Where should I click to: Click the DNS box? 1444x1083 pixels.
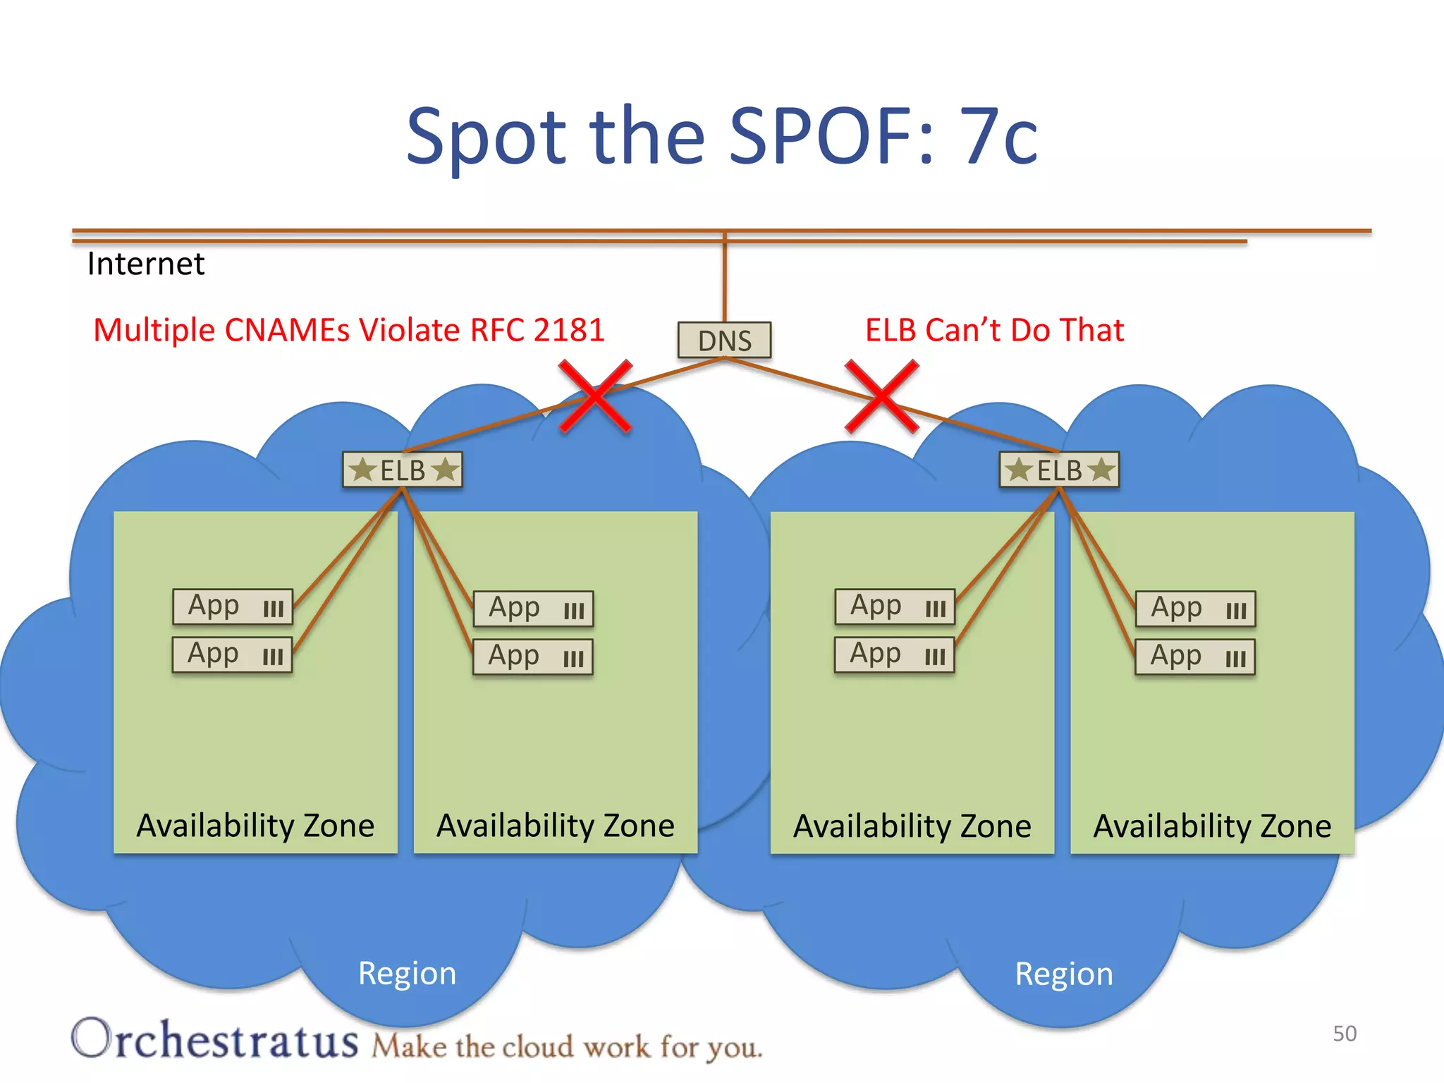click(724, 341)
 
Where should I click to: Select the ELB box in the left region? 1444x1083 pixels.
click(403, 470)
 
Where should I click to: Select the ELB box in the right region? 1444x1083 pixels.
click(1059, 470)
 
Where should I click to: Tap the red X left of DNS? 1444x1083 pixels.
click(595, 396)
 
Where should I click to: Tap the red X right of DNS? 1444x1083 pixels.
click(882, 396)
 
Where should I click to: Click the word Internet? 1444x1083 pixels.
click(146, 264)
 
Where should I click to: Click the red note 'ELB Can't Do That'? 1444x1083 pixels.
click(994, 330)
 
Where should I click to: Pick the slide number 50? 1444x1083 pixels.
click(1345, 1034)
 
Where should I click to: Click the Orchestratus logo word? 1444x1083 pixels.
click(215, 1039)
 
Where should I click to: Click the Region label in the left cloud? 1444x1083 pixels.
click(407, 974)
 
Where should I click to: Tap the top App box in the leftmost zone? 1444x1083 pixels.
click(233, 606)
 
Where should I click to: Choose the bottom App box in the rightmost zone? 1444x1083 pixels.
click(1195, 656)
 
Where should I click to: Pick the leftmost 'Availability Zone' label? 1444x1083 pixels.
click(255, 826)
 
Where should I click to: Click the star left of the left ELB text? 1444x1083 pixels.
click(363, 470)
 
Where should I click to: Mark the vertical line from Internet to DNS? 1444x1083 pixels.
click(724, 279)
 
